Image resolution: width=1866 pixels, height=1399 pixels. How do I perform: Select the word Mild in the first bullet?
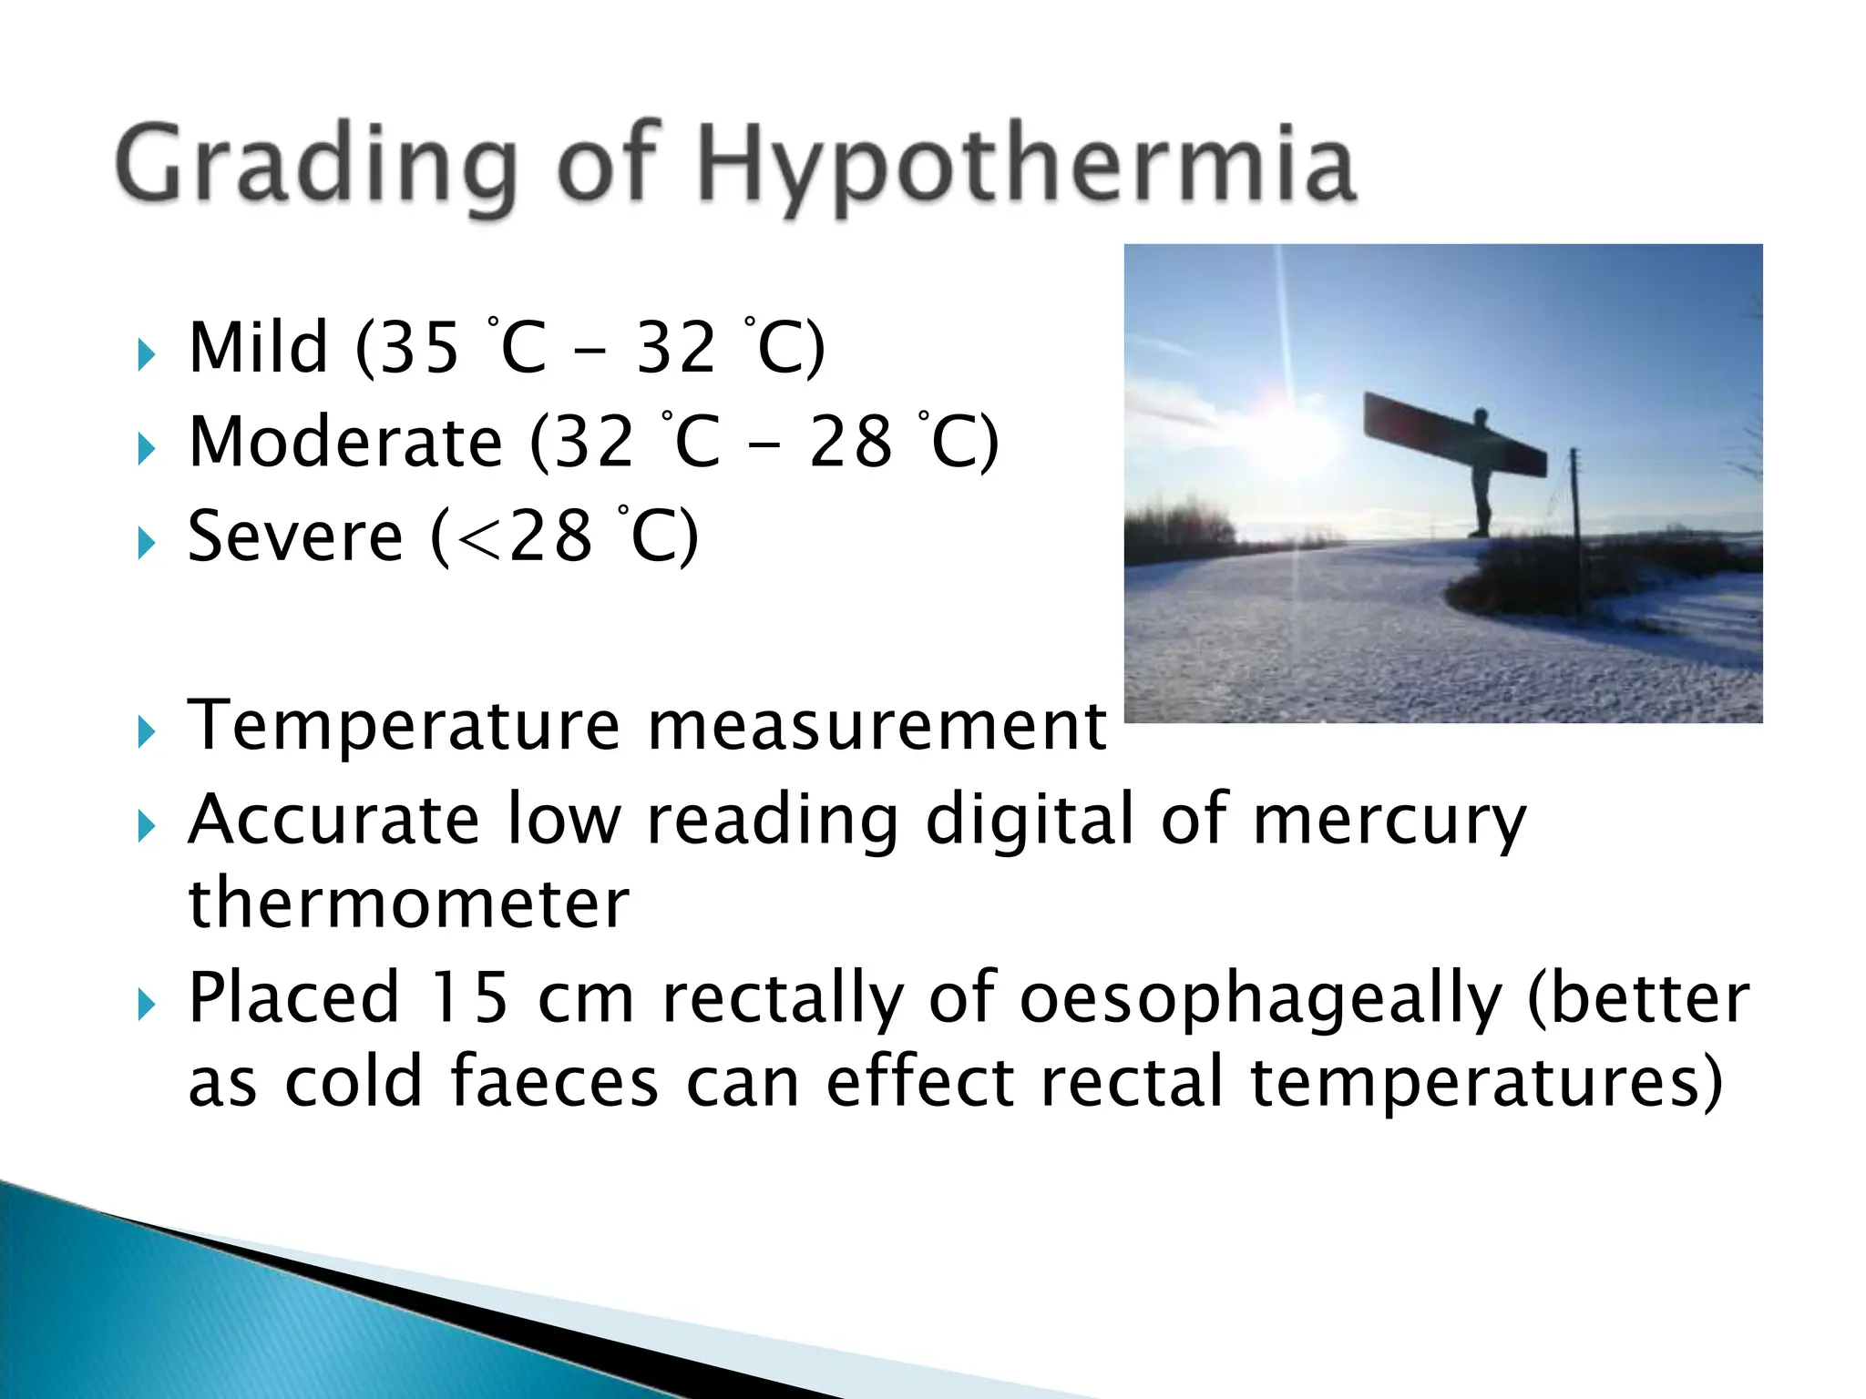[258, 348]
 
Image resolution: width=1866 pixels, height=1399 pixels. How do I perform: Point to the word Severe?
[294, 537]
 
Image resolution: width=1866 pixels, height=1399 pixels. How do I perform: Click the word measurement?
[877, 726]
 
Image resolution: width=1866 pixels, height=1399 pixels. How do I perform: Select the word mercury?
[1389, 821]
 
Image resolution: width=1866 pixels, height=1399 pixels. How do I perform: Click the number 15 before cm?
[469, 998]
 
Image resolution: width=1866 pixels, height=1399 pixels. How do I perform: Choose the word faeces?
[555, 1082]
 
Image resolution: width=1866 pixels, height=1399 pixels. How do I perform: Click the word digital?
[1029, 821]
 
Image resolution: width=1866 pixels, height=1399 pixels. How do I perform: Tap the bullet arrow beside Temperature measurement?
[146, 731]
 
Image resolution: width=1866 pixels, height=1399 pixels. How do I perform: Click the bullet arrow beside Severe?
[146, 544]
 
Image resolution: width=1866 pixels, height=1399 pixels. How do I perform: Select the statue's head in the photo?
[1481, 417]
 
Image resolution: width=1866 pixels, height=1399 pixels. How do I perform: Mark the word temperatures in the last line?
[1485, 1082]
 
